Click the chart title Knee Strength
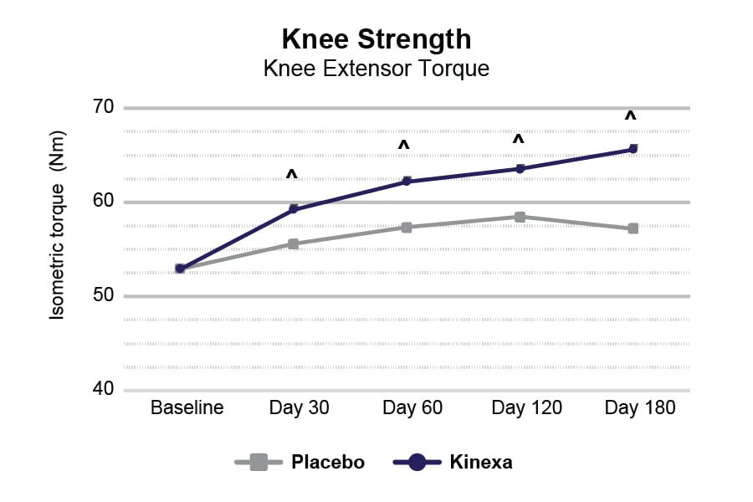click(376, 39)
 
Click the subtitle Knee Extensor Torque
click(376, 69)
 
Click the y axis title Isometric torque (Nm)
click(57, 225)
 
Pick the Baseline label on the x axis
click(187, 408)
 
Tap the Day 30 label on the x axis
click(299, 408)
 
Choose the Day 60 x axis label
click(412, 408)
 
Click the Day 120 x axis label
click(526, 408)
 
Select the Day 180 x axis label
click(639, 408)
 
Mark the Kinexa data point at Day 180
click(633, 149)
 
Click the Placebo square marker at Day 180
click(633, 228)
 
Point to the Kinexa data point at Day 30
click(294, 208)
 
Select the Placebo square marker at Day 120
click(520, 217)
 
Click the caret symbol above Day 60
click(403, 146)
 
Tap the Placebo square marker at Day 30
click(294, 244)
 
